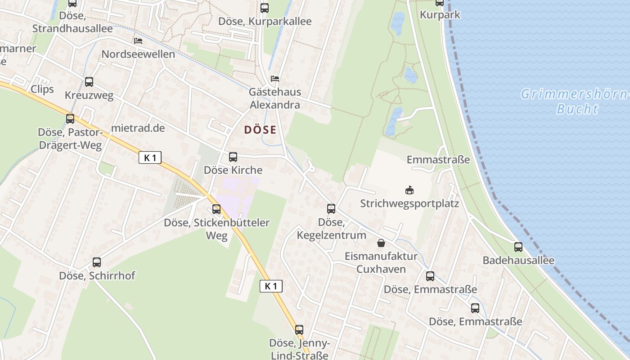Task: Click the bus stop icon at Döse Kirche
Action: coord(233,157)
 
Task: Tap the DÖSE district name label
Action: coord(260,130)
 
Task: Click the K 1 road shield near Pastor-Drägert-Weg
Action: coord(150,157)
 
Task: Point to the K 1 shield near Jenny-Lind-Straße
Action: coord(271,286)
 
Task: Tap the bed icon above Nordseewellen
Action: coord(138,41)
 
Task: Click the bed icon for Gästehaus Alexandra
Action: coord(275,79)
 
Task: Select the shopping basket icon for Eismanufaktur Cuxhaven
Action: coord(381,243)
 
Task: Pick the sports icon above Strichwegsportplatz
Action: coord(409,190)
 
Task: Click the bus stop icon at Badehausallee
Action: coord(518,247)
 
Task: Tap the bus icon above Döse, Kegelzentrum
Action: coord(331,209)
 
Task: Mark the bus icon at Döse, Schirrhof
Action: coord(97,262)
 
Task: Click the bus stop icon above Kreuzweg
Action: coord(89,82)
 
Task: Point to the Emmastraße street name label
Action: coord(438,160)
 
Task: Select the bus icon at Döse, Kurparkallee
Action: coord(265,8)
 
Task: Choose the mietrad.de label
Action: coord(138,128)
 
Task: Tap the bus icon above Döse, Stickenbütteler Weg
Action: coord(216,209)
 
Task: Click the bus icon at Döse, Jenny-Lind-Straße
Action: coord(299,329)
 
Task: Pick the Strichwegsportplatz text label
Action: coord(409,203)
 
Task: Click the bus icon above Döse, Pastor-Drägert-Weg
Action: coord(70,119)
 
